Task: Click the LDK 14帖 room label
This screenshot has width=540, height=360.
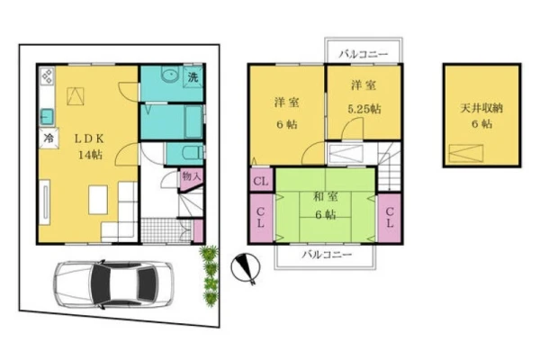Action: [x=90, y=147]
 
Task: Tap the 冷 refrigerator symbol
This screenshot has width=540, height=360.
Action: [x=49, y=139]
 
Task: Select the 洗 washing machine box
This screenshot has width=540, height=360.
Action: [x=193, y=76]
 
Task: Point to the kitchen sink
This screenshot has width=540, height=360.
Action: [x=47, y=116]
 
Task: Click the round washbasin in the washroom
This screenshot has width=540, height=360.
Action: [x=169, y=75]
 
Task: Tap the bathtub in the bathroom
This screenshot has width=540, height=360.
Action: [x=193, y=121]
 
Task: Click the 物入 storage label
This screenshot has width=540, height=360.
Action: [x=191, y=176]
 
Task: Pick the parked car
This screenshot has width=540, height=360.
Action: [x=113, y=284]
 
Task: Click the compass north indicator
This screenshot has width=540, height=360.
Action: [x=245, y=268]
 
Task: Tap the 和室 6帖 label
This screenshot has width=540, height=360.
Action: [x=326, y=206]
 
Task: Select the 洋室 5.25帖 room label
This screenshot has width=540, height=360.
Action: [x=364, y=97]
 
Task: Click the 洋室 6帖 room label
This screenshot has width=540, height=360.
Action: [x=286, y=113]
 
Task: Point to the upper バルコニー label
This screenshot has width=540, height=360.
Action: [x=364, y=54]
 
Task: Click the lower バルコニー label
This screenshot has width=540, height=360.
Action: [x=327, y=255]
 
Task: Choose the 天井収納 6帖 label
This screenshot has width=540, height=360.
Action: [x=481, y=116]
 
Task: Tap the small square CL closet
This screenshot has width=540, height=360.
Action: [x=261, y=180]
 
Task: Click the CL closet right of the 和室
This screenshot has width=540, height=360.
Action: [x=390, y=218]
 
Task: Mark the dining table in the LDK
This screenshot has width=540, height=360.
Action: [x=98, y=200]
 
